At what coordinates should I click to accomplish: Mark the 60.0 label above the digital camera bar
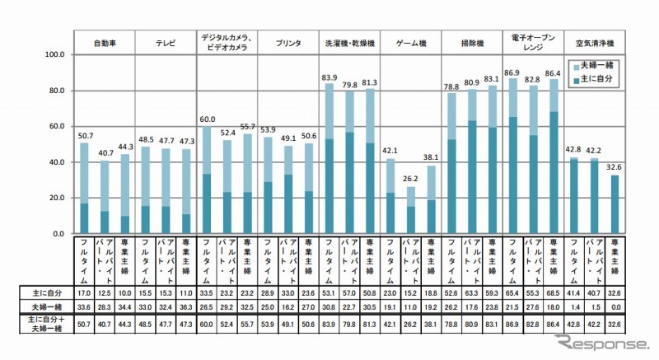(x=207, y=119)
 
